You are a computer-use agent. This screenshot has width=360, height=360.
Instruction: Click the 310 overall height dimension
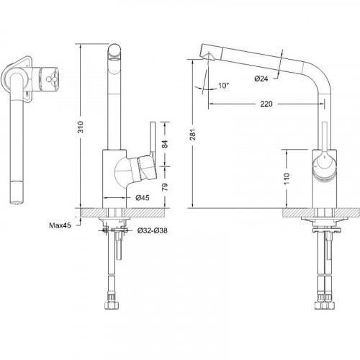81,127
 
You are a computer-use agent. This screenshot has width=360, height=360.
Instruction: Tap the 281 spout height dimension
193,135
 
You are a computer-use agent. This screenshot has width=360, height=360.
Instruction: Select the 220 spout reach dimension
266,104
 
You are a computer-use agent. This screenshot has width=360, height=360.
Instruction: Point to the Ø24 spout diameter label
261,78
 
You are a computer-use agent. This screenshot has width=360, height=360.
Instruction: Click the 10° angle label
224,86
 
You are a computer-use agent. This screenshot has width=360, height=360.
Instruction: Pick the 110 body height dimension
287,179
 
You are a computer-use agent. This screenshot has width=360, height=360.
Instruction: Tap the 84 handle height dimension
165,144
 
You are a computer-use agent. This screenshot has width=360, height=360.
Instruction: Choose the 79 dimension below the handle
165,187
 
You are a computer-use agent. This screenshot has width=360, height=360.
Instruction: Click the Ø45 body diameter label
143,198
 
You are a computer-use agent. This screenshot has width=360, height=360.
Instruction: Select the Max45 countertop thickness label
60,225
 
